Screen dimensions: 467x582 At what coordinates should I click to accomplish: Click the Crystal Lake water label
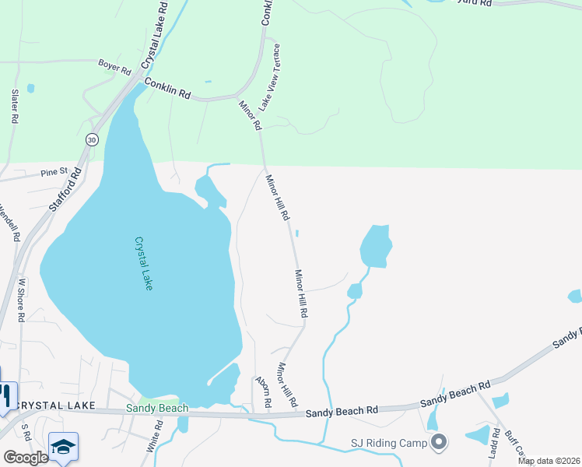[144, 264]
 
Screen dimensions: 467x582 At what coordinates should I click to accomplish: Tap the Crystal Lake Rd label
[156, 36]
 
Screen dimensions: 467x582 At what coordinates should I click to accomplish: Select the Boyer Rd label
[114, 66]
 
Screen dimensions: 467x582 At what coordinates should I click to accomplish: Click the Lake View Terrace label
[269, 76]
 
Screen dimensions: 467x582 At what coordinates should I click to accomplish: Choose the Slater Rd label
[14, 107]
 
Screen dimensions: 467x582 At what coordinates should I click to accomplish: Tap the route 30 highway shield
[92, 139]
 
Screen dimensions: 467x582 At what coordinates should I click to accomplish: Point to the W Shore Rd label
[22, 300]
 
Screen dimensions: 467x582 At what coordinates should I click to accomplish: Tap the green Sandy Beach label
[158, 409]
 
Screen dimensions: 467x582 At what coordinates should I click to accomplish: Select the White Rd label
[153, 437]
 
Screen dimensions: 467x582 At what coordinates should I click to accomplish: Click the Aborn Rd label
[261, 393]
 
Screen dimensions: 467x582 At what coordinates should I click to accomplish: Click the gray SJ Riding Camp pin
[439, 443]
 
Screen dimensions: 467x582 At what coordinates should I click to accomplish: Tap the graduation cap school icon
[63, 447]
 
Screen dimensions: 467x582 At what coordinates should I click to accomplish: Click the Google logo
[26, 458]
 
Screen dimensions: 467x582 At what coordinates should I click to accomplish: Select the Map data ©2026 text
[549, 461]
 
